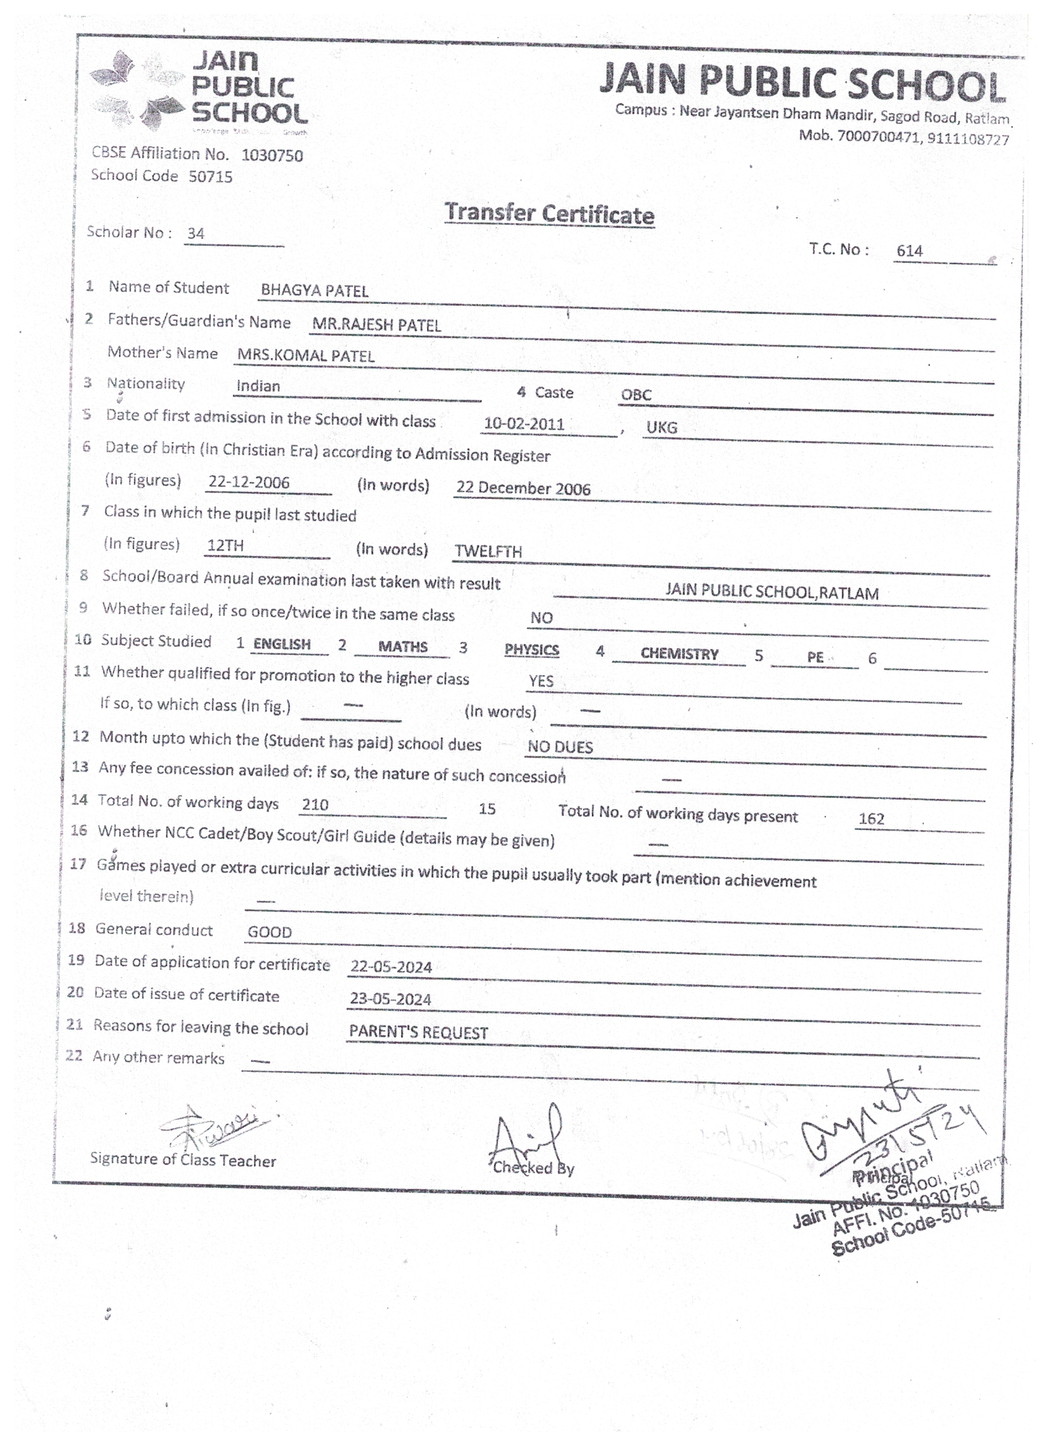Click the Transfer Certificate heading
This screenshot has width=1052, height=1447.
pyautogui.click(x=549, y=214)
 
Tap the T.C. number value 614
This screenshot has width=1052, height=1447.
pyautogui.click(x=909, y=251)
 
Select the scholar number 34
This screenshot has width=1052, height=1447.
pyautogui.click(x=195, y=233)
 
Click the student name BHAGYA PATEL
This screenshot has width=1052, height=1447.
pyautogui.click(x=314, y=291)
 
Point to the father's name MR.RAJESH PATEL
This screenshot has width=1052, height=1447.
pyautogui.click(x=376, y=325)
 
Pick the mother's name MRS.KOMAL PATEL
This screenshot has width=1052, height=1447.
pyautogui.click(x=306, y=356)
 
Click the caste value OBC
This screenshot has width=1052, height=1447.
pyautogui.click(x=636, y=395)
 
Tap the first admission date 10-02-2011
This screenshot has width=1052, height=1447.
pyautogui.click(x=524, y=424)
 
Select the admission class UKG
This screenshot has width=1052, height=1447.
pyautogui.click(x=661, y=428)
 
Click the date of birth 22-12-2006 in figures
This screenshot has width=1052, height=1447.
pyautogui.click(x=249, y=482)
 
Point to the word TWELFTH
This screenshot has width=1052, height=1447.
pyautogui.click(x=488, y=551)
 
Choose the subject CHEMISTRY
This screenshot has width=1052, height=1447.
pyautogui.click(x=679, y=654)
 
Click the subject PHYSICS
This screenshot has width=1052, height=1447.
pyautogui.click(x=531, y=650)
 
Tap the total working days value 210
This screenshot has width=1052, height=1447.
pyautogui.click(x=315, y=804)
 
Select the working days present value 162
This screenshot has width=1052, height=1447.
pyautogui.click(x=871, y=819)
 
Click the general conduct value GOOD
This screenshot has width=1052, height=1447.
pyautogui.click(x=270, y=932)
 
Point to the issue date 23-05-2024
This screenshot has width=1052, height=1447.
pyautogui.click(x=391, y=999)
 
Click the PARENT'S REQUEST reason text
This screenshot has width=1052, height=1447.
pyautogui.click(x=418, y=1033)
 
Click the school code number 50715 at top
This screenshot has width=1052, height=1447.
pyautogui.click(x=210, y=176)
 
